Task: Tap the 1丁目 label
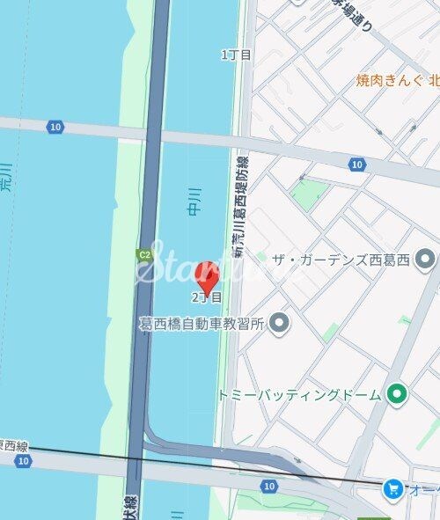(236, 55)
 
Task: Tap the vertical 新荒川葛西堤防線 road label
(239, 207)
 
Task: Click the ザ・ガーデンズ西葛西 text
(343, 258)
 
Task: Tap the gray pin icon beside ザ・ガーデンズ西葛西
(426, 258)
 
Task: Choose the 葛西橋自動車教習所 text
(202, 324)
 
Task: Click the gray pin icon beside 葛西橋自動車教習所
(279, 324)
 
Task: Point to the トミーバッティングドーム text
(299, 394)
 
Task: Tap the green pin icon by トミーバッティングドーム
(397, 393)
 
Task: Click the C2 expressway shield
(143, 255)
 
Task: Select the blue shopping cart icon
(392, 487)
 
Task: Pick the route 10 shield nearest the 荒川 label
(56, 127)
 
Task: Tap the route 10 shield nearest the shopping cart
(269, 486)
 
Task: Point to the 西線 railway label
(14, 446)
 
